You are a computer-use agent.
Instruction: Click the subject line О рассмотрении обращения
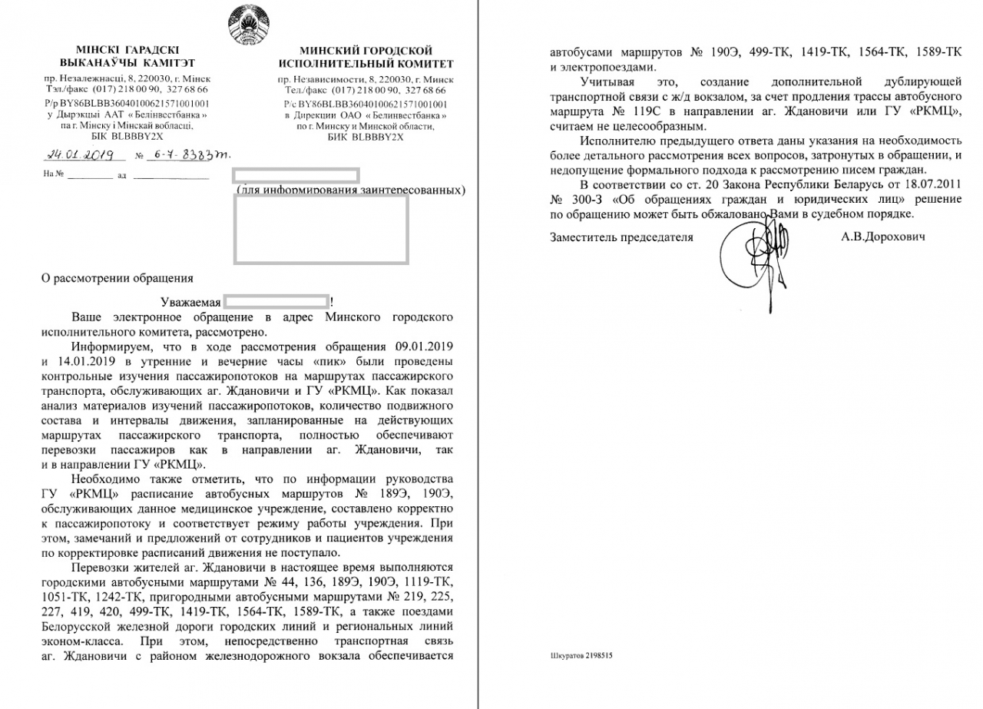tap(117, 278)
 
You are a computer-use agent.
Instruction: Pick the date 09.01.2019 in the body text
tap(420, 346)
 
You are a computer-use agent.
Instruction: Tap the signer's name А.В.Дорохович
tap(882, 237)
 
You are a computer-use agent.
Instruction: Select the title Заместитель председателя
tap(621, 237)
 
